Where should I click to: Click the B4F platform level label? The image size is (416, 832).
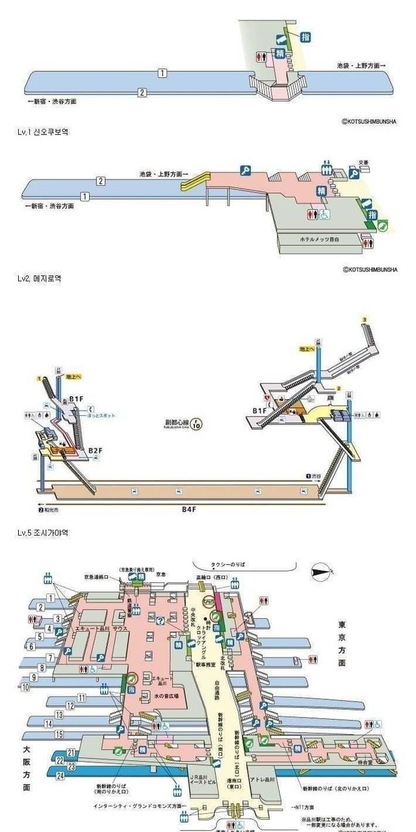(x=188, y=509)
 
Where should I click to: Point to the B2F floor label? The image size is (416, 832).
(x=95, y=450)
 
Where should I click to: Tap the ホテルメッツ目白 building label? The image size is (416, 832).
(x=319, y=240)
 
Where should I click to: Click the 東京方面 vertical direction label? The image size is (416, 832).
(x=342, y=643)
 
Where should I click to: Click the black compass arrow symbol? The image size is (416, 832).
(x=320, y=571)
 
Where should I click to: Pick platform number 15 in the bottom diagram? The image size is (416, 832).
(x=59, y=734)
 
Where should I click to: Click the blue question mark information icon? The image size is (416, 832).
(x=160, y=621)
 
